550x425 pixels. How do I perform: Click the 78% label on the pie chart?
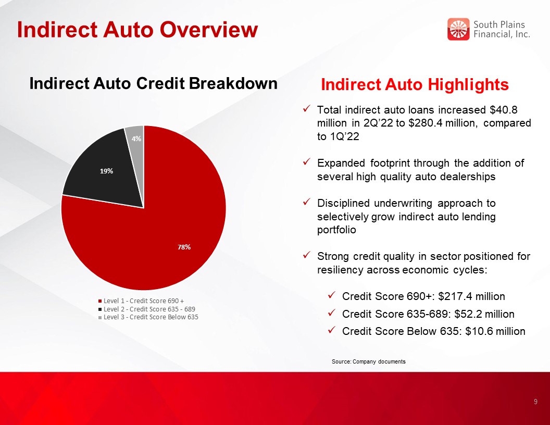[184, 247]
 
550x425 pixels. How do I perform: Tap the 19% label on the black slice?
[106, 171]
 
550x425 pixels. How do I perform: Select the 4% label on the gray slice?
[136, 139]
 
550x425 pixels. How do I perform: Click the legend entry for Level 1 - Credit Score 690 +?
[141, 301]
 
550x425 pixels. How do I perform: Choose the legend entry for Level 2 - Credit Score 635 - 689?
[147, 309]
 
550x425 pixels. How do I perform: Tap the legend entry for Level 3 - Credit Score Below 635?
[148, 317]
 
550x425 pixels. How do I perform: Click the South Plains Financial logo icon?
[458, 29]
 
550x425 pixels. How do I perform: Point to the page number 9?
[535, 402]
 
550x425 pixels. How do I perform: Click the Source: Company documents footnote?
[369, 361]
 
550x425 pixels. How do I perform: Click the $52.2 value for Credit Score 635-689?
[468, 314]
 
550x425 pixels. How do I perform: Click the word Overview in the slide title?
[209, 30]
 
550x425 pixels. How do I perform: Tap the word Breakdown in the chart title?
[233, 83]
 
